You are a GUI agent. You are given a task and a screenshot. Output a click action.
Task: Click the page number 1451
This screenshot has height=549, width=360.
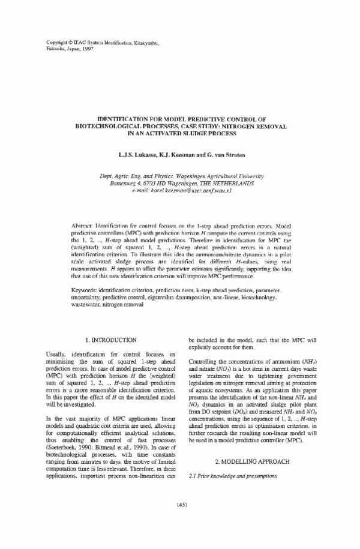pyautogui.click(x=179, y=505)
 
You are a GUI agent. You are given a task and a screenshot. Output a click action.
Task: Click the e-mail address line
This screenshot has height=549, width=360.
pyautogui.click(x=180, y=189)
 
